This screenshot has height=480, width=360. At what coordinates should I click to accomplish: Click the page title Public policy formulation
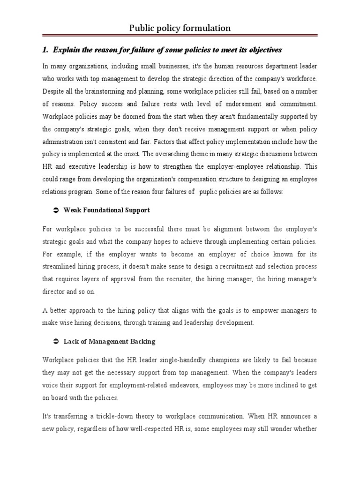tap(180, 29)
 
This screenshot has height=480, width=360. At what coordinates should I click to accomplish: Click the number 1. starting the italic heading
tap(46, 50)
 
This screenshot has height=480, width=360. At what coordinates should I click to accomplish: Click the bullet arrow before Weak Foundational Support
tap(55, 210)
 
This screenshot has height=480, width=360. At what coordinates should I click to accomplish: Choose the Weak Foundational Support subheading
tap(107, 210)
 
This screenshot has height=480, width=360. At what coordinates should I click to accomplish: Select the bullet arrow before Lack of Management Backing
tap(55, 342)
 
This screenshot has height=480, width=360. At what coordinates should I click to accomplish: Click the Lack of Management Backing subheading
tap(109, 342)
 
